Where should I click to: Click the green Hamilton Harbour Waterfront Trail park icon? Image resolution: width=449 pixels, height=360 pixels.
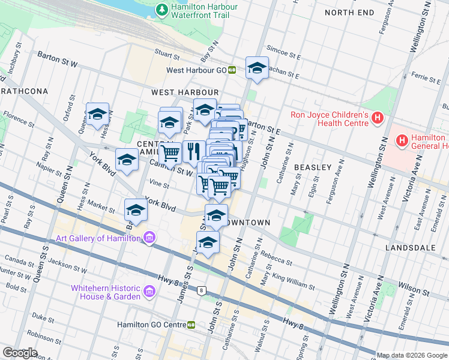tap(161, 10)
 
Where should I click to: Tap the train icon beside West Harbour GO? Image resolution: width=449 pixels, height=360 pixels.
tap(232, 70)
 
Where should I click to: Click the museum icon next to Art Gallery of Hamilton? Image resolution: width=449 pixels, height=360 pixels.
tap(149, 238)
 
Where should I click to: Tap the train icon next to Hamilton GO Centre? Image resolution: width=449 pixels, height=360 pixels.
tap(191, 325)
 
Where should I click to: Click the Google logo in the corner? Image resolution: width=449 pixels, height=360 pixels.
tap(20, 353)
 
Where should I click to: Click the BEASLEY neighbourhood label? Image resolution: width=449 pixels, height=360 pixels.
tap(312, 167)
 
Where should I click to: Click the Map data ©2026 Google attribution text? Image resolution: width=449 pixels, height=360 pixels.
tap(412, 355)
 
